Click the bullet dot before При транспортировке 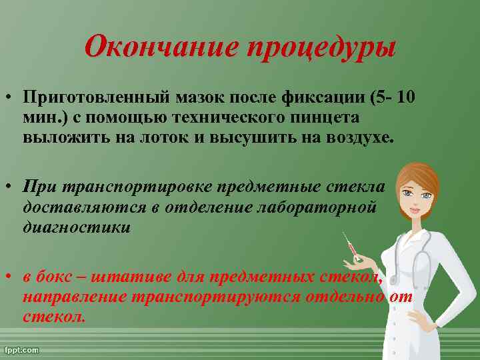(9, 186)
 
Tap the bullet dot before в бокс (9, 277)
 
